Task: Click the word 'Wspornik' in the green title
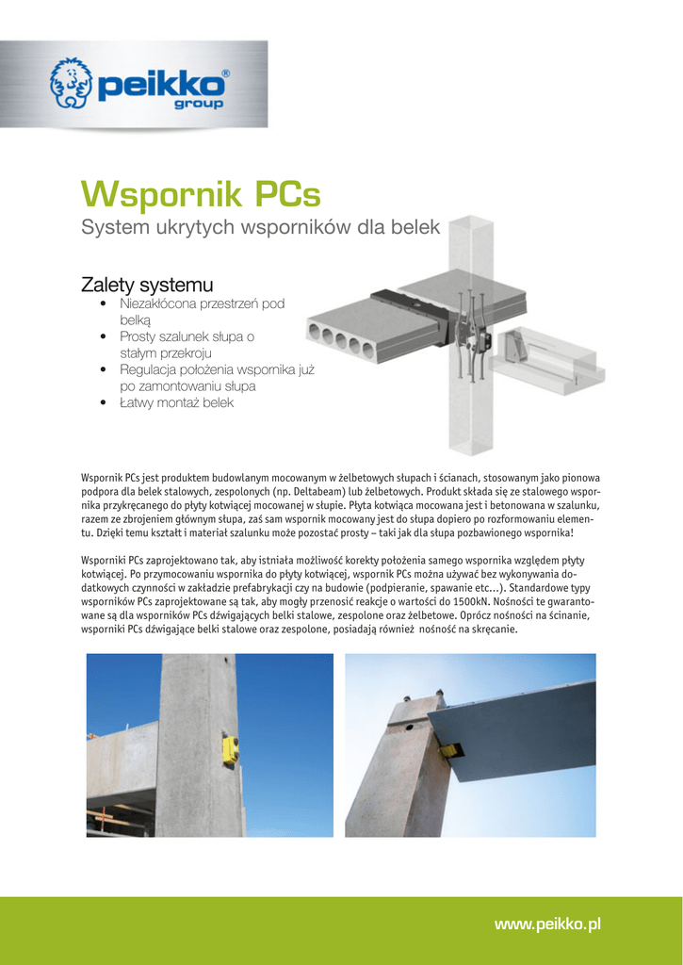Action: click(161, 195)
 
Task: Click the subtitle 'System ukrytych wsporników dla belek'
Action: click(260, 228)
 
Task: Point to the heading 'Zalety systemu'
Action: click(147, 285)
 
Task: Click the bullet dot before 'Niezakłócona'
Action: click(102, 304)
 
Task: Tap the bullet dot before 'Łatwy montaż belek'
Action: click(102, 403)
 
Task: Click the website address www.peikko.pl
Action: click(547, 925)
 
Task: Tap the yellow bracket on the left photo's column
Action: click(230, 750)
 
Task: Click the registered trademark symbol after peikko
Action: click(224, 74)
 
